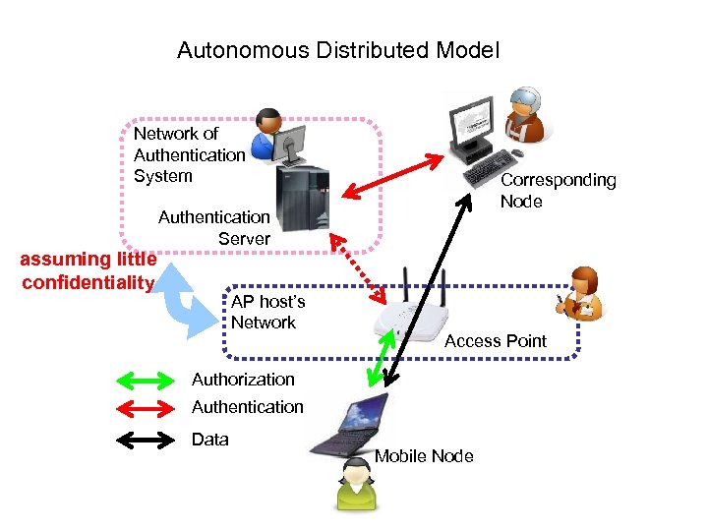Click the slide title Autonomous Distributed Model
(x=338, y=50)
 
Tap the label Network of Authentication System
(x=189, y=154)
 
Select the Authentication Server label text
(x=214, y=227)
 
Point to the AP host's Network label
(x=267, y=312)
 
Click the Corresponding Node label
(x=558, y=190)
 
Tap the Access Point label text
(x=495, y=341)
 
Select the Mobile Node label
(x=423, y=456)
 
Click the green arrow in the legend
(x=145, y=380)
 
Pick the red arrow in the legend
(x=145, y=407)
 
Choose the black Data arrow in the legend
(x=145, y=440)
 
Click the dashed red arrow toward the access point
(x=357, y=266)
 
